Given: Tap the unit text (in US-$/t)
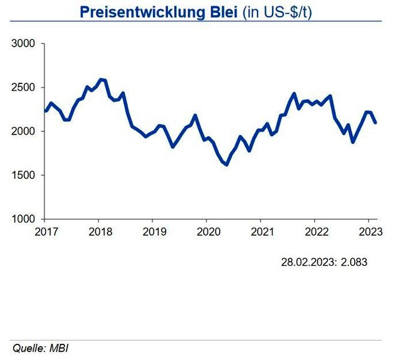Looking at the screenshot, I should click(x=277, y=11).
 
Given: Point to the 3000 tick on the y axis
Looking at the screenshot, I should click(x=25, y=44).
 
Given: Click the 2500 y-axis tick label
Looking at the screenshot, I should click(x=25, y=88).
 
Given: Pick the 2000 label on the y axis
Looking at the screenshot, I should click(x=25, y=131).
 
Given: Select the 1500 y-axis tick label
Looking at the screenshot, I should click(x=25, y=175).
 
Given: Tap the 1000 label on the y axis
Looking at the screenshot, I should click(x=25, y=219).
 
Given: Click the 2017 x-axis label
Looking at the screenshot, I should click(x=46, y=232).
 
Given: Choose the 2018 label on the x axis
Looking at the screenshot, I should click(x=100, y=232).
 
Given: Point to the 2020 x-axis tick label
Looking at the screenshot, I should click(x=207, y=232).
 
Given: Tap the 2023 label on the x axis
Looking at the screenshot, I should click(x=368, y=232).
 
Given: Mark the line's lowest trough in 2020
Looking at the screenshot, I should click(x=226, y=164).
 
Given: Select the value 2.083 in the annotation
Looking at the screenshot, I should click(x=354, y=262).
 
